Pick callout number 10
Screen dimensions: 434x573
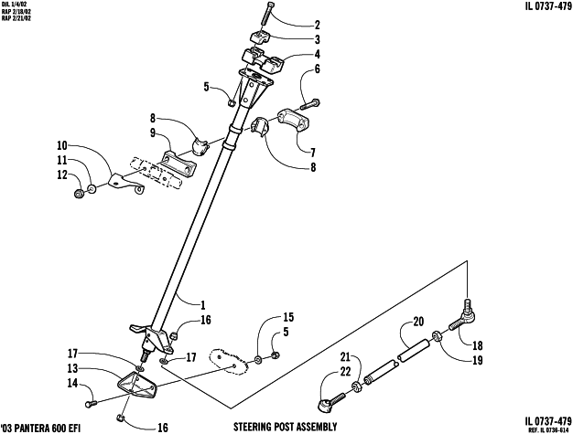pos(61,145)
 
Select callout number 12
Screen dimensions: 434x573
pos(61,175)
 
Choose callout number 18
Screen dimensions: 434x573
pos(476,345)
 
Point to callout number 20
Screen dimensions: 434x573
pos(418,321)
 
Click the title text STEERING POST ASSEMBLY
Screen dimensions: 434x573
pos(285,427)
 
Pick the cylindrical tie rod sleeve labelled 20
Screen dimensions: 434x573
pos(413,349)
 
